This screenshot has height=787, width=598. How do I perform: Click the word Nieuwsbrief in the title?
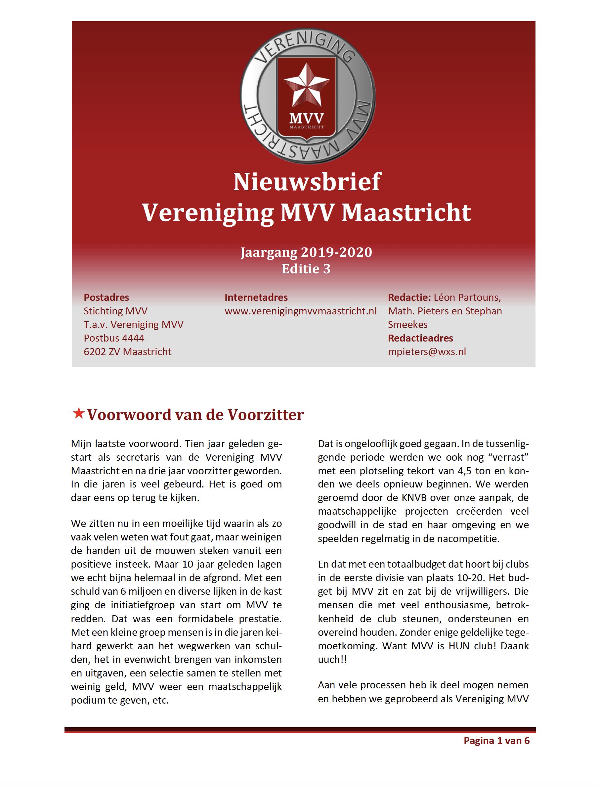pos(307,182)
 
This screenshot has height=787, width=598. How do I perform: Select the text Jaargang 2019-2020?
pos(306,252)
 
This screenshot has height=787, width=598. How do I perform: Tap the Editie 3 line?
pos(306,269)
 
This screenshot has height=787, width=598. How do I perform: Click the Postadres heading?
pos(106,297)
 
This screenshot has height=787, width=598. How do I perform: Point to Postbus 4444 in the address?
pos(114,338)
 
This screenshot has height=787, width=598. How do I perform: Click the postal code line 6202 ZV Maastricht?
pos(127,351)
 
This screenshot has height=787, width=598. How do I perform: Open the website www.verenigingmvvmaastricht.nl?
pos(300,311)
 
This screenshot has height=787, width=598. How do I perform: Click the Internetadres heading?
pos(256,297)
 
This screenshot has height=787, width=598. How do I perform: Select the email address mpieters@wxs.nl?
pos(427,351)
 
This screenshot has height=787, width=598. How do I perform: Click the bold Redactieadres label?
pos(420,338)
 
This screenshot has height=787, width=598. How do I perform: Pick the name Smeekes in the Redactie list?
pos(407,324)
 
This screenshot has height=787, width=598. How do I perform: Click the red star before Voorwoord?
pos(78,413)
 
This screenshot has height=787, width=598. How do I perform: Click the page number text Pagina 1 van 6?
pos(496,741)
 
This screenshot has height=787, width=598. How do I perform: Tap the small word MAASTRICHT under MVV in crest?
pos(307,127)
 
